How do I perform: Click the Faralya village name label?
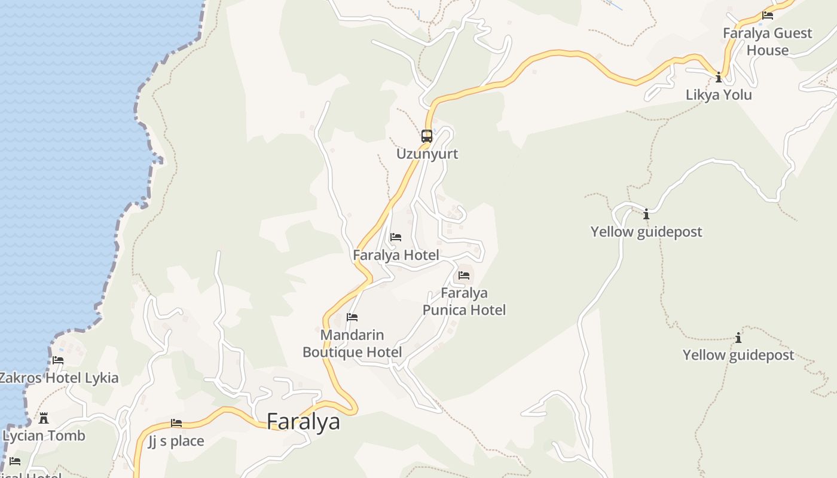point(303,422)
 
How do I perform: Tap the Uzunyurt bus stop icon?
point(427,136)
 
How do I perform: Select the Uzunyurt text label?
point(427,154)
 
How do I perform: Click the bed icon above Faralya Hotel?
point(396,237)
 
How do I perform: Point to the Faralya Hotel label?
point(396,256)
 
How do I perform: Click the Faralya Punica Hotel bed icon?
point(464,275)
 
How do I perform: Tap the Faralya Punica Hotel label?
point(464,302)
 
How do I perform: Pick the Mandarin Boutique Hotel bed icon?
point(352,317)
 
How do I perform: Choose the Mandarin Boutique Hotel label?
point(352,344)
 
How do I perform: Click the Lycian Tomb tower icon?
point(44,418)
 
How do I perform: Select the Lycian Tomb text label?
point(44,436)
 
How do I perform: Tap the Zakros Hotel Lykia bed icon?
point(58,360)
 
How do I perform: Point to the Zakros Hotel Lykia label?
point(59,378)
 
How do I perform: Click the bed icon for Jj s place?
point(176,423)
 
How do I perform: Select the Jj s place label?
point(176,442)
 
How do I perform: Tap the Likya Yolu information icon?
point(719,77)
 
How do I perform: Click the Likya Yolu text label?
point(719,95)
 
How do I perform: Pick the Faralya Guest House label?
point(768,42)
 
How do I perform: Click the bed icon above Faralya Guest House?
point(768,16)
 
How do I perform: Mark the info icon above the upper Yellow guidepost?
point(646,213)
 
